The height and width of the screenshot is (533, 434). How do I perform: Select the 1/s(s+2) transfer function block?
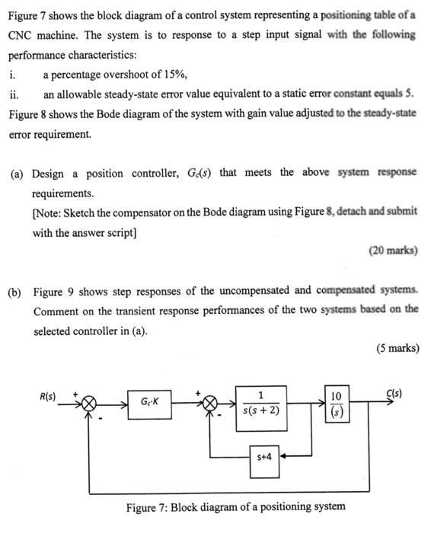click(x=262, y=401)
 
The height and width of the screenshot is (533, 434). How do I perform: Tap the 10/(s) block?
click(x=337, y=402)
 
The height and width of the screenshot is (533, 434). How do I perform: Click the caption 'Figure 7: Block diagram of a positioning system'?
click(x=235, y=506)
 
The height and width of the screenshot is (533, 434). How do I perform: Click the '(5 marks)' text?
click(x=397, y=349)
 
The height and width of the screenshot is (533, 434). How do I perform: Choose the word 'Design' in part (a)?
click(x=51, y=173)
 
